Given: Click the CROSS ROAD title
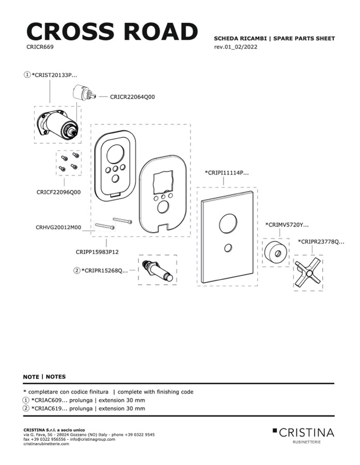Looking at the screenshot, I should click(112, 31).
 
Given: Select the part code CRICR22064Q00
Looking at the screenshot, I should click(132, 97).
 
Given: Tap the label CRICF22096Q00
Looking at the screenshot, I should click(58, 191).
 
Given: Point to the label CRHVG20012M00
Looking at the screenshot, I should click(58, 227).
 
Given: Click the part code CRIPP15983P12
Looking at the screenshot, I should click(98, 252).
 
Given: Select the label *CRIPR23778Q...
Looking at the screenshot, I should click(321, 241).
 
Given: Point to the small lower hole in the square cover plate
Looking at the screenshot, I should click(228, 249).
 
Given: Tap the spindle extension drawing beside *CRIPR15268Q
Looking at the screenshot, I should click(157, 270).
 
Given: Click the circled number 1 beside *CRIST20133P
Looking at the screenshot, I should click(27, 74).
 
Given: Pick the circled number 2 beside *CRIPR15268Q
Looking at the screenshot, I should click(77, 269).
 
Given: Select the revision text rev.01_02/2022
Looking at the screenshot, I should click(236, 47).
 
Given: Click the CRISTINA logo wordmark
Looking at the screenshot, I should click(307, 432).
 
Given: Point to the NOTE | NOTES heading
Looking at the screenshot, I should click(44, 377).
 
